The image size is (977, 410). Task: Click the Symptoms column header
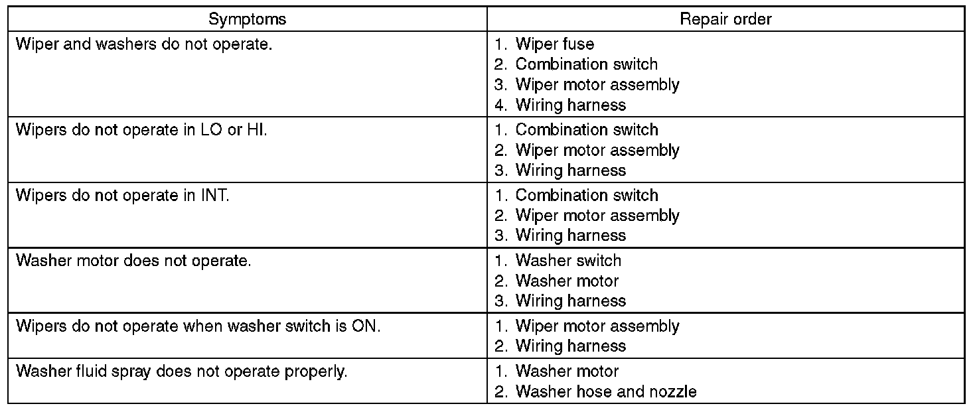coord(247,19)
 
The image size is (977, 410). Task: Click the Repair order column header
coord(725,19)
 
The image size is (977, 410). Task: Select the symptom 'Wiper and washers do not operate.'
coord(144,44)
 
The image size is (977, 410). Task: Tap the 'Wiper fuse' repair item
coord(554,44)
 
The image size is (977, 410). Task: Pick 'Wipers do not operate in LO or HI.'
coord(141,130)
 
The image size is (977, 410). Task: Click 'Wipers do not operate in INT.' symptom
coord(123,196)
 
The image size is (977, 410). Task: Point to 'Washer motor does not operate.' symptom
coord(133,261)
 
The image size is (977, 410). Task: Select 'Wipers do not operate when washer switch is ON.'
coord(198,326)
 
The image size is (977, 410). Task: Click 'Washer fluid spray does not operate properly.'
coord(181,372)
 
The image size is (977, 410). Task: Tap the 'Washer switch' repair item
coord(567,261)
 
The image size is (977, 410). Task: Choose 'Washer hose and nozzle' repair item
coord(605,391)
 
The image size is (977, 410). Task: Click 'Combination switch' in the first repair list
coord(586,64)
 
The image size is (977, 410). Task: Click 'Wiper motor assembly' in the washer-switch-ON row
coord(597,326)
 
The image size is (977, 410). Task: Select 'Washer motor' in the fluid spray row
coord(566,372)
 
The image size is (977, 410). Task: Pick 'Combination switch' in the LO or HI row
coord(586,130)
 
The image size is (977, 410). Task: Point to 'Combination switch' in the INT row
coord(586,196)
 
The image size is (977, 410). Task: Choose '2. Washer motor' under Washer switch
coord(566,281)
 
